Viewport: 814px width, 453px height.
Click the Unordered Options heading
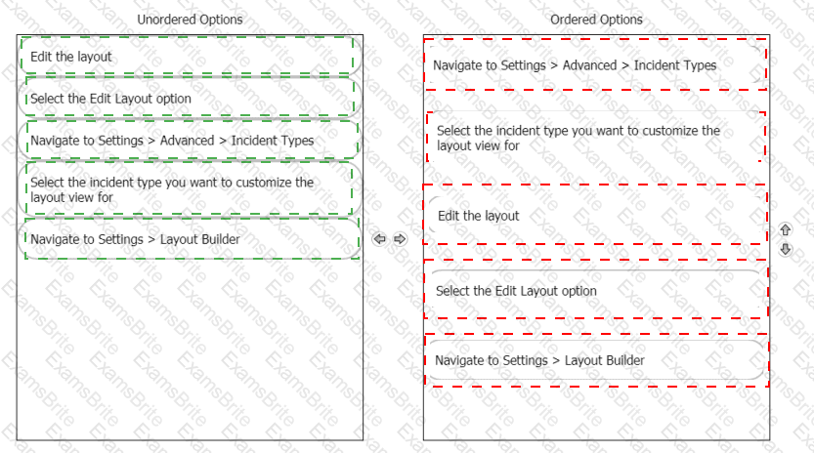(x=190, y=20)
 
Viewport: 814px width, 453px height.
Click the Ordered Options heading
(x=596, y=20)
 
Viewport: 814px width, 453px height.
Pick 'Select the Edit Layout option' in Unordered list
(x=190, y=98)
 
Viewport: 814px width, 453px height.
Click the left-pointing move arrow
(x=379, y=238)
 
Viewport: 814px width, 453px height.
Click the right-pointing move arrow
(x=400, y=238)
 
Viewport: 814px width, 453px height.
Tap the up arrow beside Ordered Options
(x=786, y=229)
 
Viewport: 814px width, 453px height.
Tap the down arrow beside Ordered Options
(x=786, y=249)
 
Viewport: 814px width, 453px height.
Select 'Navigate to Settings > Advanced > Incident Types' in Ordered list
(x=595, y=64)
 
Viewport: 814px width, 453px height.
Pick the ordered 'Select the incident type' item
(x=595, y=138)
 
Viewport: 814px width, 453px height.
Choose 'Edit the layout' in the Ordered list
(x=595, y=215)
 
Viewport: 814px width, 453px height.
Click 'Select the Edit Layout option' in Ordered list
(x=595, y=290)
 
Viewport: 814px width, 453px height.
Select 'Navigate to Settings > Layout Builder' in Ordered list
(x=596, y=360)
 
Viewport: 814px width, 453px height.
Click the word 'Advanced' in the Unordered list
(x=187, y=141)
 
